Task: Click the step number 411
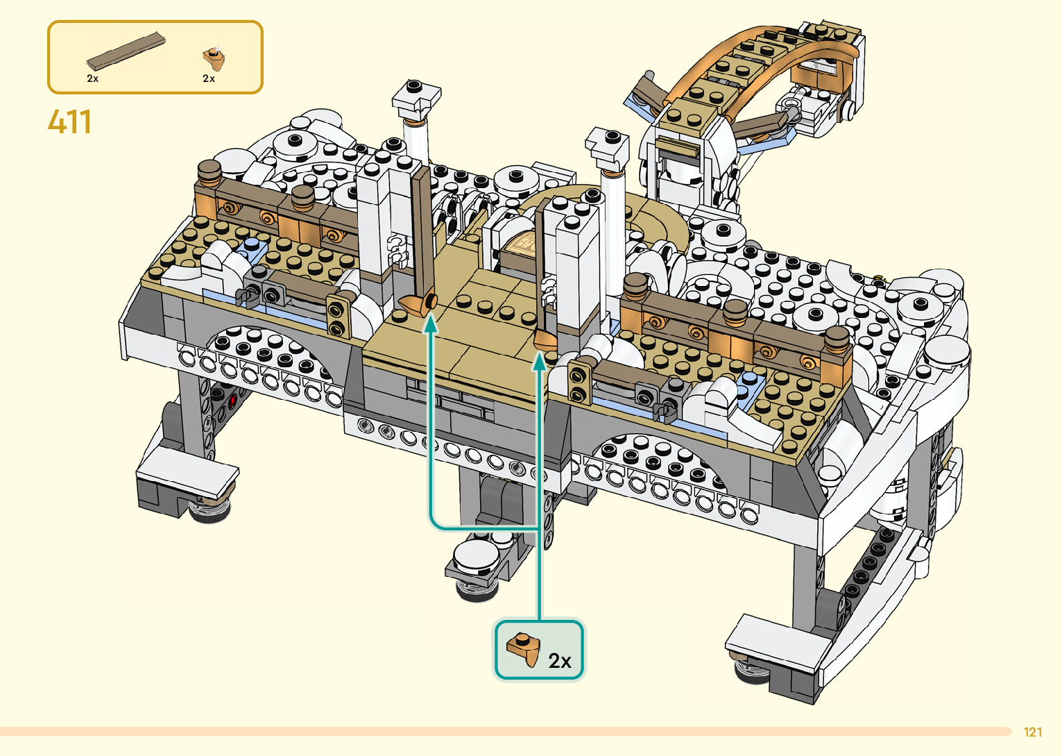pos(69,122)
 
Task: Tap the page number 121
pos(1033,732)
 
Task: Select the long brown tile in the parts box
pos(126,51)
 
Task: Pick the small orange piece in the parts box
pos(214,58)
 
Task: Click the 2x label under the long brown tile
pos(92,78)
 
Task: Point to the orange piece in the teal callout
pos(524,649)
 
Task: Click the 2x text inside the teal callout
pos(560,661)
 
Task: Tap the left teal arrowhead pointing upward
pos(431,324)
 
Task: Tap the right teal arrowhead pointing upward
pos(539,362)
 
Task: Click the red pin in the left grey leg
pos(232,402)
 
